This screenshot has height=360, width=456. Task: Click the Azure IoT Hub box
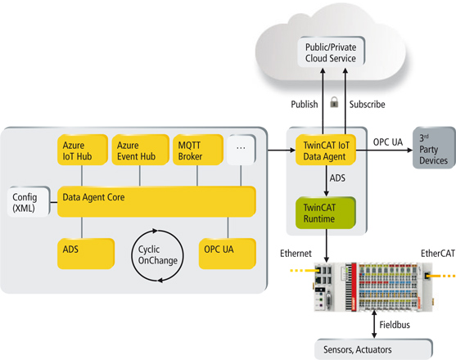83,150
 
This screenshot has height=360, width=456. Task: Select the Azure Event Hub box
141,150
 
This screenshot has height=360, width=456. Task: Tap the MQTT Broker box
198,150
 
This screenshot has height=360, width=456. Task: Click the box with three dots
241,150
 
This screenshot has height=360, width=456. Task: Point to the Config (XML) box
29,201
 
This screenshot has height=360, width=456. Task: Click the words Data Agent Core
93,197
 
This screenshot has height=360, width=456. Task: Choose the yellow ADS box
86,254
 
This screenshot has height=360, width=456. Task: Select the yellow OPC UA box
228,254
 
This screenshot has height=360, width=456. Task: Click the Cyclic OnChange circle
133,256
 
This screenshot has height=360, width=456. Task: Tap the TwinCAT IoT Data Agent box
326,150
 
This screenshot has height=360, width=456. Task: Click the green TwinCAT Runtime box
326,213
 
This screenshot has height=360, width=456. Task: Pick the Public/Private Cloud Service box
332,52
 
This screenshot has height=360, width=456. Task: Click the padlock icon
334,102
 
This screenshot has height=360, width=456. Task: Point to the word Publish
305,104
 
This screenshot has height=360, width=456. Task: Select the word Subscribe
368,104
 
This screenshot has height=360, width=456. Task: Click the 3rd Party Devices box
434,147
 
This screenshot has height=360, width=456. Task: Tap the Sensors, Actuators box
373,349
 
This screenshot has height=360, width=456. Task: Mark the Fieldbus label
395,325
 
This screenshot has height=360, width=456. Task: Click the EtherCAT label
438,254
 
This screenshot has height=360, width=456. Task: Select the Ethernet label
296,254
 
